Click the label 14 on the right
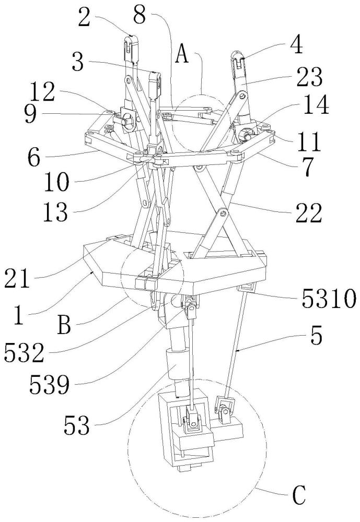[x=315, y=106]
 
